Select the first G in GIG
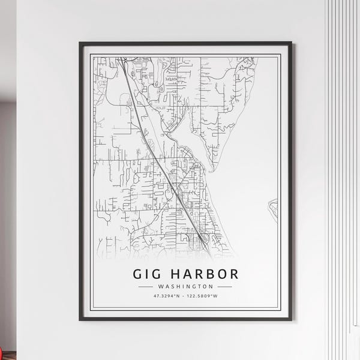click(138, 274)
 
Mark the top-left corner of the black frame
click(80, 43)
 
